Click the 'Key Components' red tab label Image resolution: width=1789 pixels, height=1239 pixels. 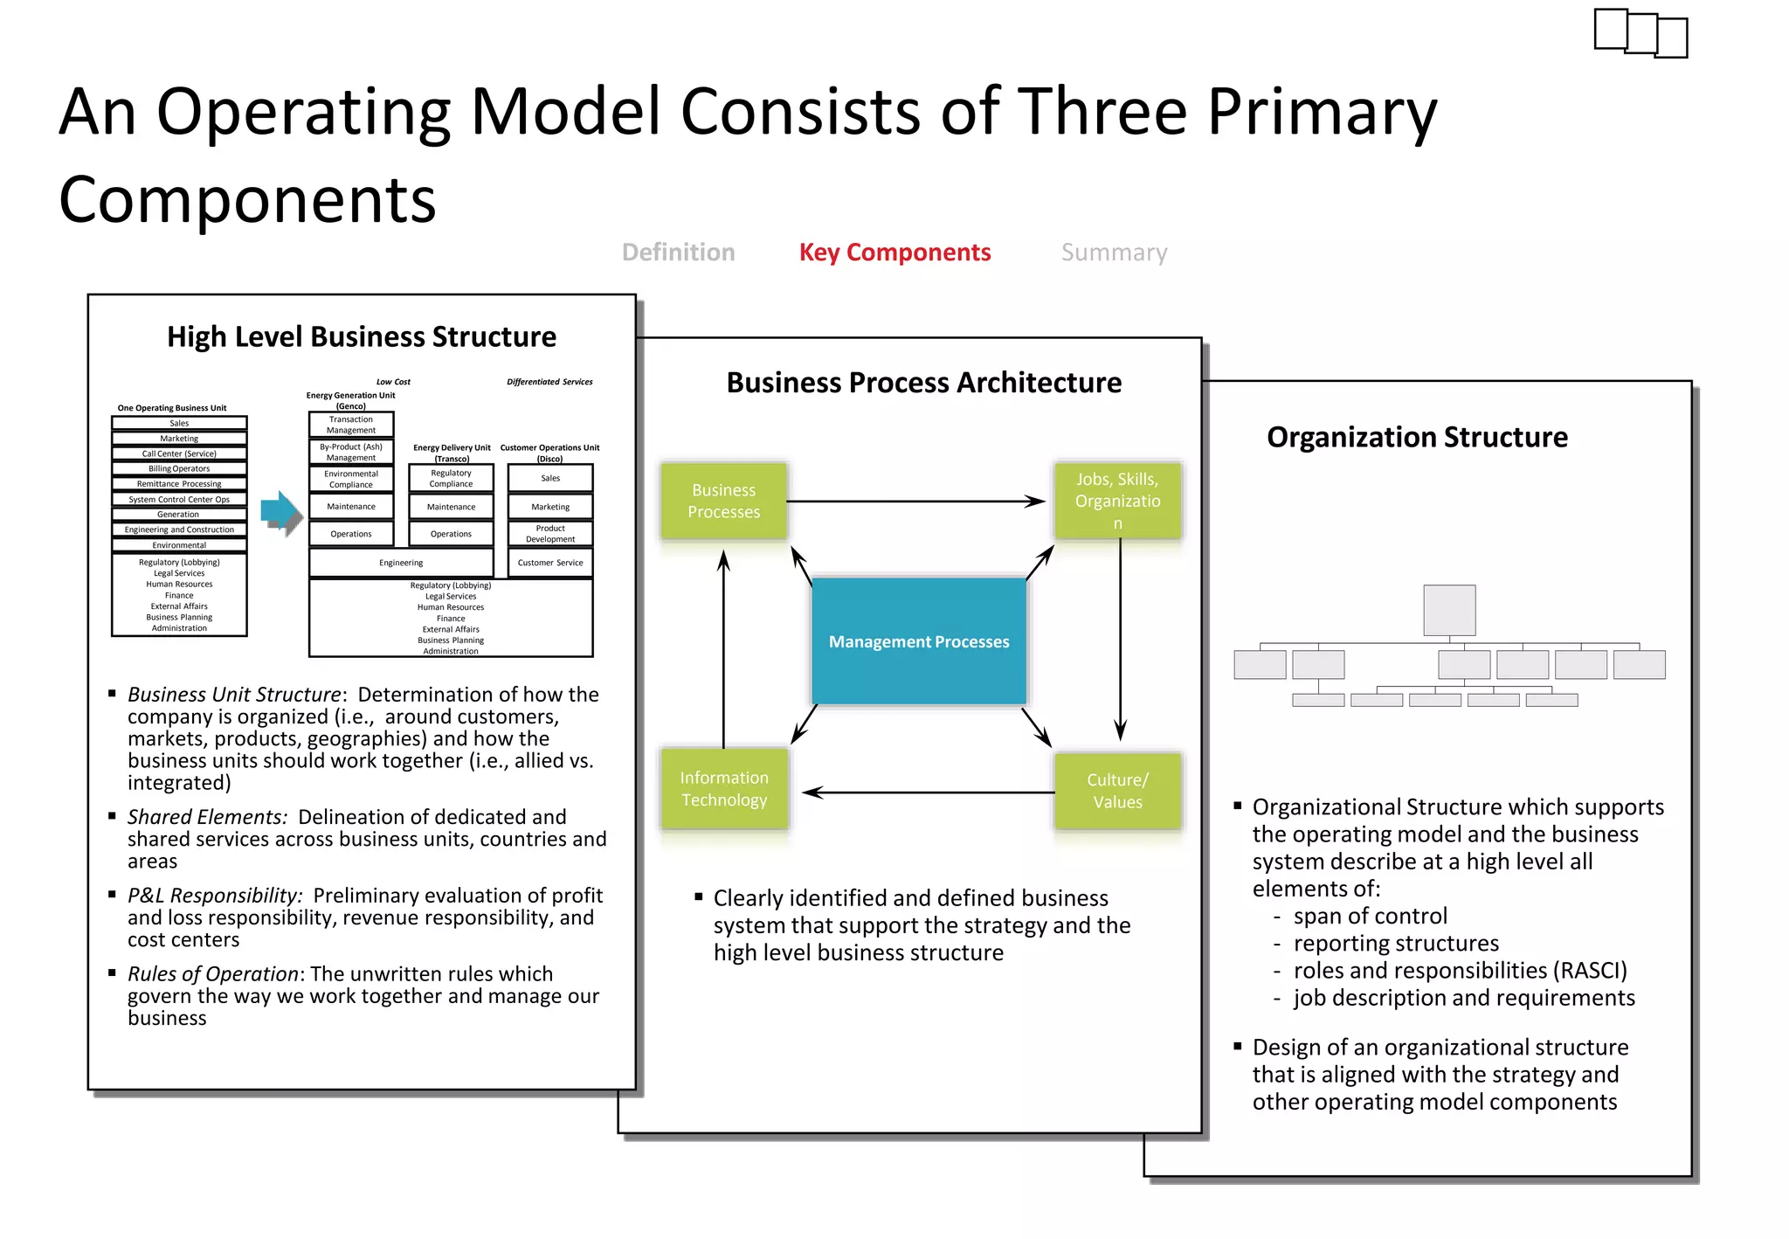[x=894, y=253]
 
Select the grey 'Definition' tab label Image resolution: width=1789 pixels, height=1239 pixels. [x=678, y=253]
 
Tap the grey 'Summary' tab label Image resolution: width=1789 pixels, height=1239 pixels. [x=1114, y=253]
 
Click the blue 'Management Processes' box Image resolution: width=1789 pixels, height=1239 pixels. [x=919, y=641]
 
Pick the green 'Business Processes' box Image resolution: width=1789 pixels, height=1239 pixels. [x=723, y=501]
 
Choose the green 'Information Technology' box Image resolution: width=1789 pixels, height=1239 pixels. [x=724, y=788]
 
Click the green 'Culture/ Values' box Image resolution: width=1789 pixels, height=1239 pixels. [x=1117, y=790]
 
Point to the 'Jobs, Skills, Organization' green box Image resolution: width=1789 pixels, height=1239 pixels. [x=1117, y=501]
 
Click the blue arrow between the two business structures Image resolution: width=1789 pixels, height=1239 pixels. [x=280, y=512]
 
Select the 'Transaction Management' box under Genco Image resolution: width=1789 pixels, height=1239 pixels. [x=351, y=425]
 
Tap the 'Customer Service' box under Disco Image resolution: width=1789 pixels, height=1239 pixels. [x=550, y=563]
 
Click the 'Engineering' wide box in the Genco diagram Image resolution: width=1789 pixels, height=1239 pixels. [x=401, y=563]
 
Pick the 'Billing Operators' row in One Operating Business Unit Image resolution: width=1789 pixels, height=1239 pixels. [x=179, y=468]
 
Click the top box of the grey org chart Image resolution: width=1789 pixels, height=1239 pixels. [x=1449, y=610]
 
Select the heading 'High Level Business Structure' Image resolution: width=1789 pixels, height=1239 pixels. [x=362, y=336]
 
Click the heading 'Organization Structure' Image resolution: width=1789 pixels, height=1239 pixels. [x=1417, y=437]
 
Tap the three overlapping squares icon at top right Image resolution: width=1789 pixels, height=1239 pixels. [x=1640, y=33]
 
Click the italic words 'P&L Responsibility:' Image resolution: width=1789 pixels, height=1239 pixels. [x=215, y=896]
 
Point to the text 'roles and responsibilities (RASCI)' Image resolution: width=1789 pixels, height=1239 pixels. [x=1460, y=971]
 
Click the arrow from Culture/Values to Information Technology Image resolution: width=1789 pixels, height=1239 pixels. [x=926, y=793]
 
